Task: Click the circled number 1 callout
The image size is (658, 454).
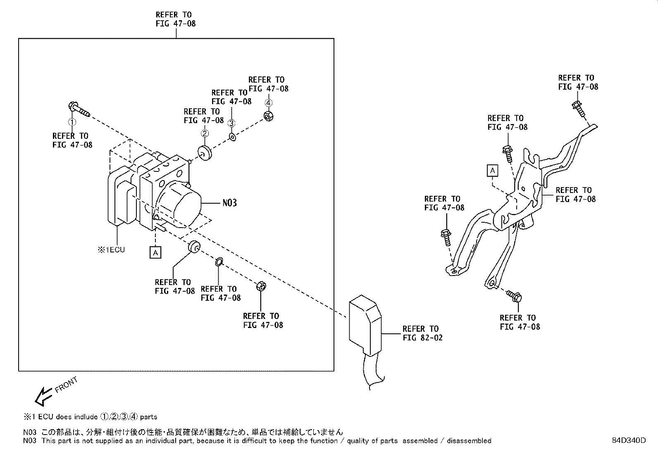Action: tap(72, 122)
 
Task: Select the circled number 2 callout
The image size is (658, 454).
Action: tap(204, 133)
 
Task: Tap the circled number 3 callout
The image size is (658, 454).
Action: tap(231, 123)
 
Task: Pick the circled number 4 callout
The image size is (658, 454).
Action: tap(268, 103)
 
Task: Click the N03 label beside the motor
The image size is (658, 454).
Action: tap(229, 203)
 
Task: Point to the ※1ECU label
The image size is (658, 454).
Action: tap(111, 250)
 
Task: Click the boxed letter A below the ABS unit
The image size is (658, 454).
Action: tap(155, 252)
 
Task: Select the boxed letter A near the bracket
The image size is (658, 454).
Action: tap(492, 170)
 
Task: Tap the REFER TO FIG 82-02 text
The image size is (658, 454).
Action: tap(422, 333)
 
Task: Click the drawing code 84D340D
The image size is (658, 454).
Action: tap(629, 440)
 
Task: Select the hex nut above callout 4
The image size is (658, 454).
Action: tap(268, 116)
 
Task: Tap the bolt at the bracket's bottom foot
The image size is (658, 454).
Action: tap(515, 295)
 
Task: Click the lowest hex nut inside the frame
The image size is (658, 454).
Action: tap(261, 286)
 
